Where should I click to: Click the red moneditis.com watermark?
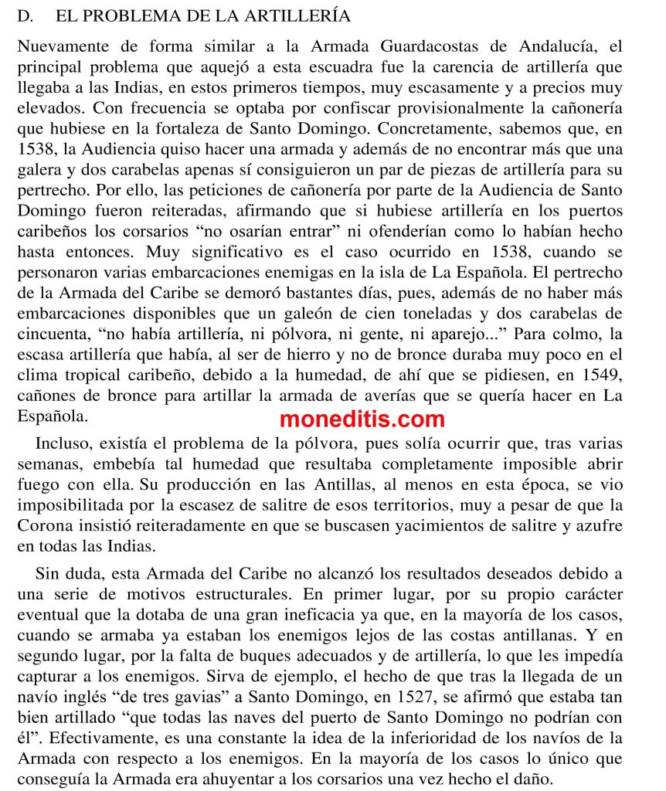click(362, 419)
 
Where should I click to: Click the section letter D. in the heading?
click(26, 15)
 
